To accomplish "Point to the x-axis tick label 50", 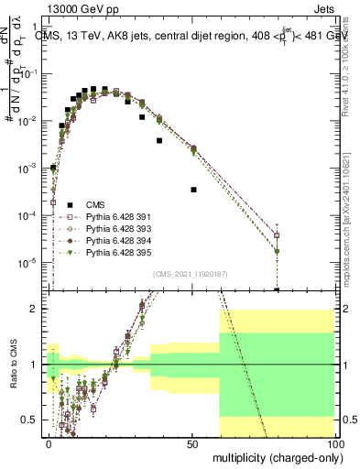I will click(x=192, y=442).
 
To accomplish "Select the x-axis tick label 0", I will click(x=49, y=442).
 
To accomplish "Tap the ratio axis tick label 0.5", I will click(x=33, y=420).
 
